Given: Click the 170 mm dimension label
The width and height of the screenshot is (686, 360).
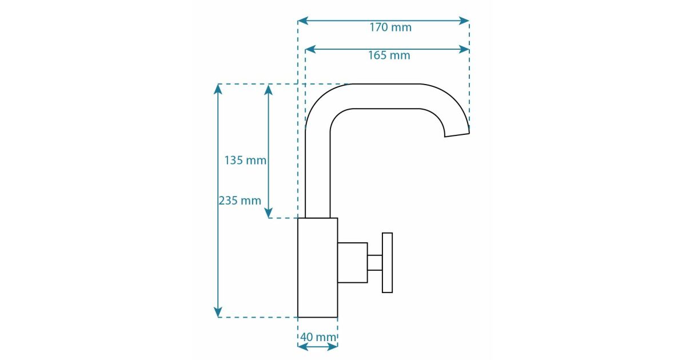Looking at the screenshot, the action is (x=390, y=27).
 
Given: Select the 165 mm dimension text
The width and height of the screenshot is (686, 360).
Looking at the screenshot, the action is (x=389, y=55).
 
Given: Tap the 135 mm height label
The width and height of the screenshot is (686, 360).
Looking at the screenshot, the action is (x=245, y=160).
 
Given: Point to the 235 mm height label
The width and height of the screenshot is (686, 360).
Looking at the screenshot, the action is (x=240, y=201).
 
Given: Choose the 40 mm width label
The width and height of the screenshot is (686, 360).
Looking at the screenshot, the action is (x=318, y=337).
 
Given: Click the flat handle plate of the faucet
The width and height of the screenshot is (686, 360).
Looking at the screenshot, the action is (x=387, y=263).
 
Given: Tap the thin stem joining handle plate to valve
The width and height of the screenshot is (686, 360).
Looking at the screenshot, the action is (x=375, y=263).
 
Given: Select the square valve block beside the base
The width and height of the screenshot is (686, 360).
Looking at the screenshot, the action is (x=353, y=263).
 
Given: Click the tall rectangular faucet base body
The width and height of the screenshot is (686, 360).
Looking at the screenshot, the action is (x=318, y=267).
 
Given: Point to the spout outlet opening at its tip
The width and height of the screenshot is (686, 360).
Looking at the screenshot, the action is (x=457, y=135).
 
